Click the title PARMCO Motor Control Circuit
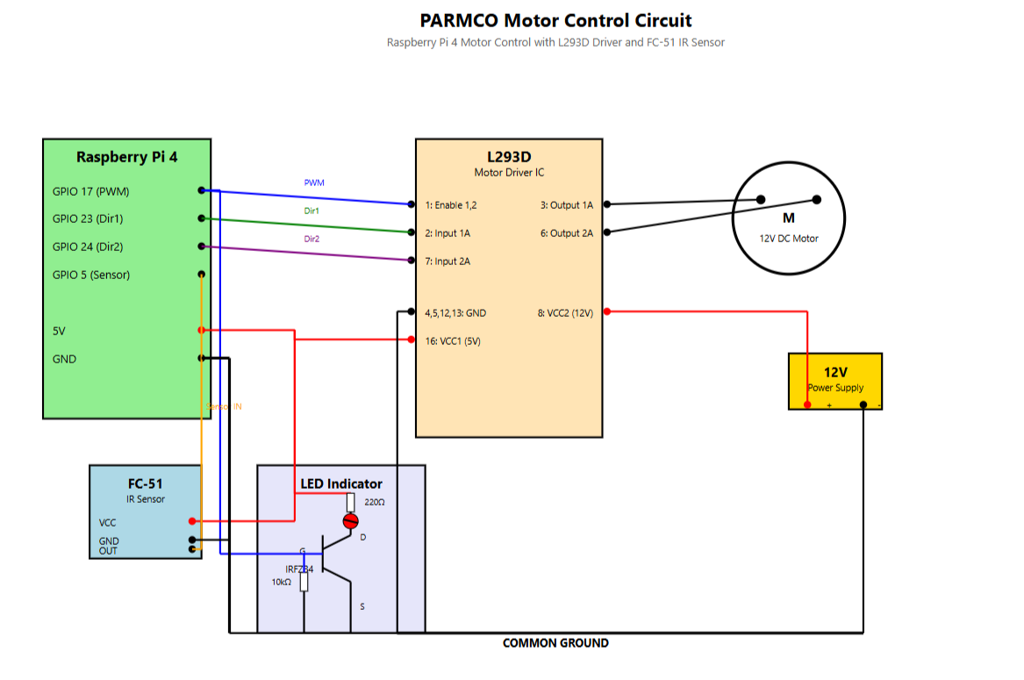click(555, 20)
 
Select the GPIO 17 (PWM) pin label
click(90, 191)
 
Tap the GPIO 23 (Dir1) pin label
click(88, 219)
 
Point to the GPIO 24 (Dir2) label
click(88, 247)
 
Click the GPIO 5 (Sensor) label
click(91, 275)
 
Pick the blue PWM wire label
click(314, 183)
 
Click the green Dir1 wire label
click(311, 211)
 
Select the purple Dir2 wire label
click(311, 239)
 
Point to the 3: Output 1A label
click(566, 205)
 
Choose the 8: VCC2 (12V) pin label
click(565, 312)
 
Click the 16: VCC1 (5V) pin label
click(452, 341)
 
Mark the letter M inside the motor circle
click(788, 218)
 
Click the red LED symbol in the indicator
click(350, 521)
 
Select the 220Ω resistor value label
click(375, 503)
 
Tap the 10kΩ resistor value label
click(281, 582)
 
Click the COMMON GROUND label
click(555, 643)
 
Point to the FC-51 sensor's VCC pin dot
click(191, 522)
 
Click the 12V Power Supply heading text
click(834, 372)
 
